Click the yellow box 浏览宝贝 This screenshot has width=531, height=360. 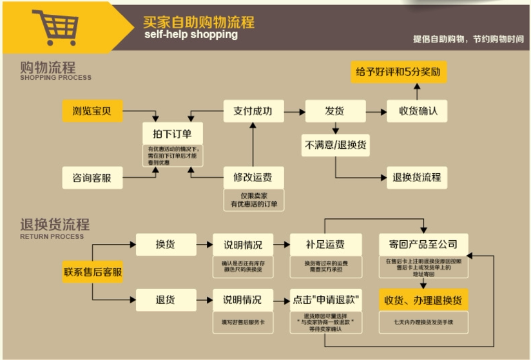(x=91, y=111)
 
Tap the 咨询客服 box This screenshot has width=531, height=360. (x=91, y=177)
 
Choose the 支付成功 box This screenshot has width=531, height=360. (x=252, y=111)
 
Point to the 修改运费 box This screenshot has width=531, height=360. (x=252, y=177)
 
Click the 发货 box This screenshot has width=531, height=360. (x=334, y=111)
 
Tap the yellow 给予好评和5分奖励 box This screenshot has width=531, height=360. (x=399, y=71)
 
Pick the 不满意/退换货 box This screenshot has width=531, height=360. (x=335, y=145)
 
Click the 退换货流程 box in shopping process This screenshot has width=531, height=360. (x=417, y=177)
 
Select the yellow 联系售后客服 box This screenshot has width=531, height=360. (x=92, y=272)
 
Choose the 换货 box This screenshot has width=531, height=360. (x=165, y=245)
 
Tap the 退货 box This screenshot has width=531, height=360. (x=165, y=299)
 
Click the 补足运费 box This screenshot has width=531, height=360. (x=325, y=245)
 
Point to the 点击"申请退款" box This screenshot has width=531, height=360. (x=325, y=299)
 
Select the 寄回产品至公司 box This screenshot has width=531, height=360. (x=423, y=245)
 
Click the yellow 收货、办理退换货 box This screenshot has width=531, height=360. (x=423, y=299)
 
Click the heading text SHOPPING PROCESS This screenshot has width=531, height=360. (x=55, y=78)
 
